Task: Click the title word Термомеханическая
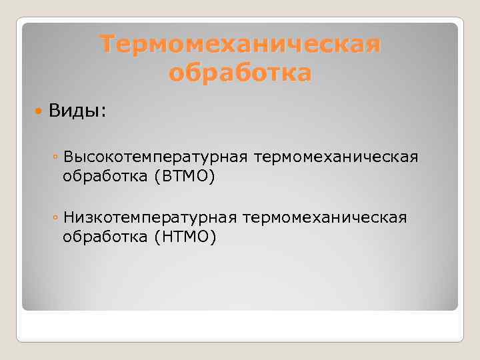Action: [x=241, y=45]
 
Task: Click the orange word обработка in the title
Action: [x=240, y=73]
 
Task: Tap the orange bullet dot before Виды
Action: [x=39, y=110]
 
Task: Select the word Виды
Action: [x=75, y=110]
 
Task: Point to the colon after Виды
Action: [x=103, y=111]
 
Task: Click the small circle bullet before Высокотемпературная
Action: [x=55, y=157]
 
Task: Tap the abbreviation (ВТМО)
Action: [x=185, y=177]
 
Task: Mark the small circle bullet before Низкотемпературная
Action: [x=55, y=218]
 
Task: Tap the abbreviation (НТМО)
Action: [x=185, y=237]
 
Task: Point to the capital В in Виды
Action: [x=53, y=110]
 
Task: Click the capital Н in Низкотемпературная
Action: [x=68, y=217]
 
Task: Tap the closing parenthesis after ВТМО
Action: [x=213, y=177]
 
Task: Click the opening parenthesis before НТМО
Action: [x=157, y=238]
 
